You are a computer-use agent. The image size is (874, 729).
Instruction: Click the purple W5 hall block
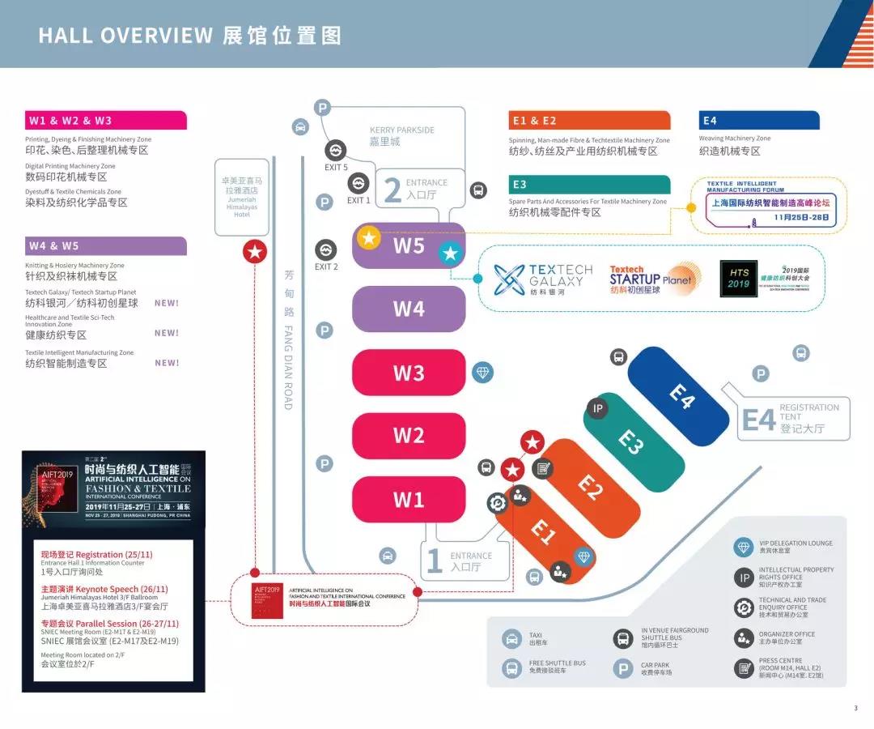point(409,245)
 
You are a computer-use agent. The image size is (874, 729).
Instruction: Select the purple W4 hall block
point(409,309)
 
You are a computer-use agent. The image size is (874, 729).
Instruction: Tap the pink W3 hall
point(409,373)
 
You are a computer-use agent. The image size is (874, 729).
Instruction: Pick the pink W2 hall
point(409,436)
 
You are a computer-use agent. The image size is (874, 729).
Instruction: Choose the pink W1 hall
point(409,499)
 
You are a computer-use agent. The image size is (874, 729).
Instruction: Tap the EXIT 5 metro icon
point(336,150)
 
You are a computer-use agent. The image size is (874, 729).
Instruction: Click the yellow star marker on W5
point(369,237)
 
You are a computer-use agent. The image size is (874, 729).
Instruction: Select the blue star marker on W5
point(450,253)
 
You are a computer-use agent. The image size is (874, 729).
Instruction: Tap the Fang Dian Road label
point(288,340)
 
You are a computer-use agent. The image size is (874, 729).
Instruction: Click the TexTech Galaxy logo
point(543,279)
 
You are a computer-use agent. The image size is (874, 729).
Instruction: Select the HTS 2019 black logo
point(739,279)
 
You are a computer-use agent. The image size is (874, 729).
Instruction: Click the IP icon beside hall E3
point(598,408)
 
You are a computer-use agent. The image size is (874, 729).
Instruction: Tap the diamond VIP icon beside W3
point(483,373)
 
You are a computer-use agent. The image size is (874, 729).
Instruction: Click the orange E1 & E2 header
point(589,121)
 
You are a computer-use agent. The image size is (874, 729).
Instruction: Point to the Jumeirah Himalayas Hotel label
point(242,198)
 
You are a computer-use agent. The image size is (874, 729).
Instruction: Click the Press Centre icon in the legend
point(744,668)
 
